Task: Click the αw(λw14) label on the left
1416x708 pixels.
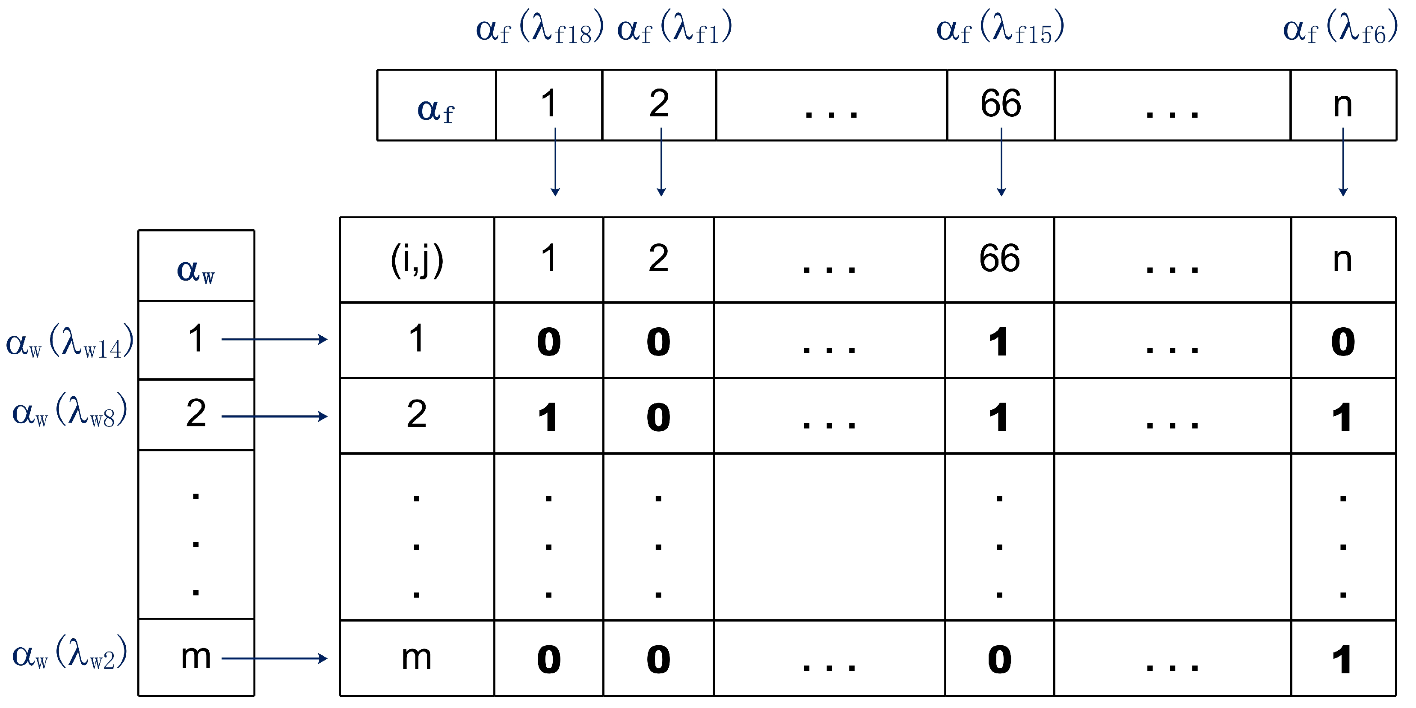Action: click(70, 342)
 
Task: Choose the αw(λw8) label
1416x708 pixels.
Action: click(70, 412)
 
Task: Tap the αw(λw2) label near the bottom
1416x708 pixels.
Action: click(70, 654)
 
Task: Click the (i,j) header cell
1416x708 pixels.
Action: click(417, 259)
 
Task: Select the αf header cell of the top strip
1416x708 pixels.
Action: click(436, 106)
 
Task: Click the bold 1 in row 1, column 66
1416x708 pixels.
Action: click(999, 342)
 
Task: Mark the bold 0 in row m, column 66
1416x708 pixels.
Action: click(999, 659)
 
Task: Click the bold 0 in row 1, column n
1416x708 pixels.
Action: click(1342, 342)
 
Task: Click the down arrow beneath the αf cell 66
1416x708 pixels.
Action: click(1001, 162)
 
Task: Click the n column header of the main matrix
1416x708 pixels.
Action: click(1342, 259)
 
